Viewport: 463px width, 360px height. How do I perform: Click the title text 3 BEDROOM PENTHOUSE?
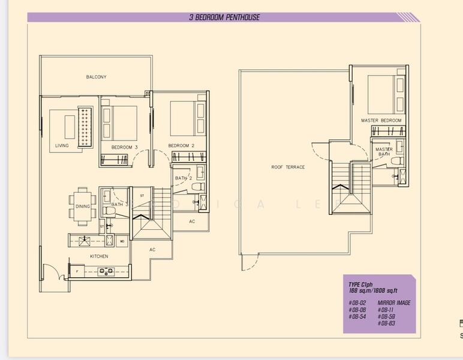point(224,17)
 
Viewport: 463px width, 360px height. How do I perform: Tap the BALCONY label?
point(96,77)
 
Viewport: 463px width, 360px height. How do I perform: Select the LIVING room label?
point(62,146)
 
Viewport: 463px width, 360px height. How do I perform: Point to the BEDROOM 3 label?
point(125,146)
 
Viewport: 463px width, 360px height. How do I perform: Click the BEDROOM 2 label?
point(181,146)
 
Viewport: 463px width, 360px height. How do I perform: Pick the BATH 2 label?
point(184,178)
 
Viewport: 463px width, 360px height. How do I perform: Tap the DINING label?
point(82,206)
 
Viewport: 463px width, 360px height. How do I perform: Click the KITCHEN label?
point(99,256)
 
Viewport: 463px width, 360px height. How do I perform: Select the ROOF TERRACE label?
point(288,167)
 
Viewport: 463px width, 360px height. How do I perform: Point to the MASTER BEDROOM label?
point(381,121)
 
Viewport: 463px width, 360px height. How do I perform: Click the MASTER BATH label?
point(384,152)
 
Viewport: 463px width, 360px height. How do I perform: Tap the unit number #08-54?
point(357,316)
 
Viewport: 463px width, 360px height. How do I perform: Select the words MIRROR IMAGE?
point(394,303)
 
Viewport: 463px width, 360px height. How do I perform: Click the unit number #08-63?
point(386,323)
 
